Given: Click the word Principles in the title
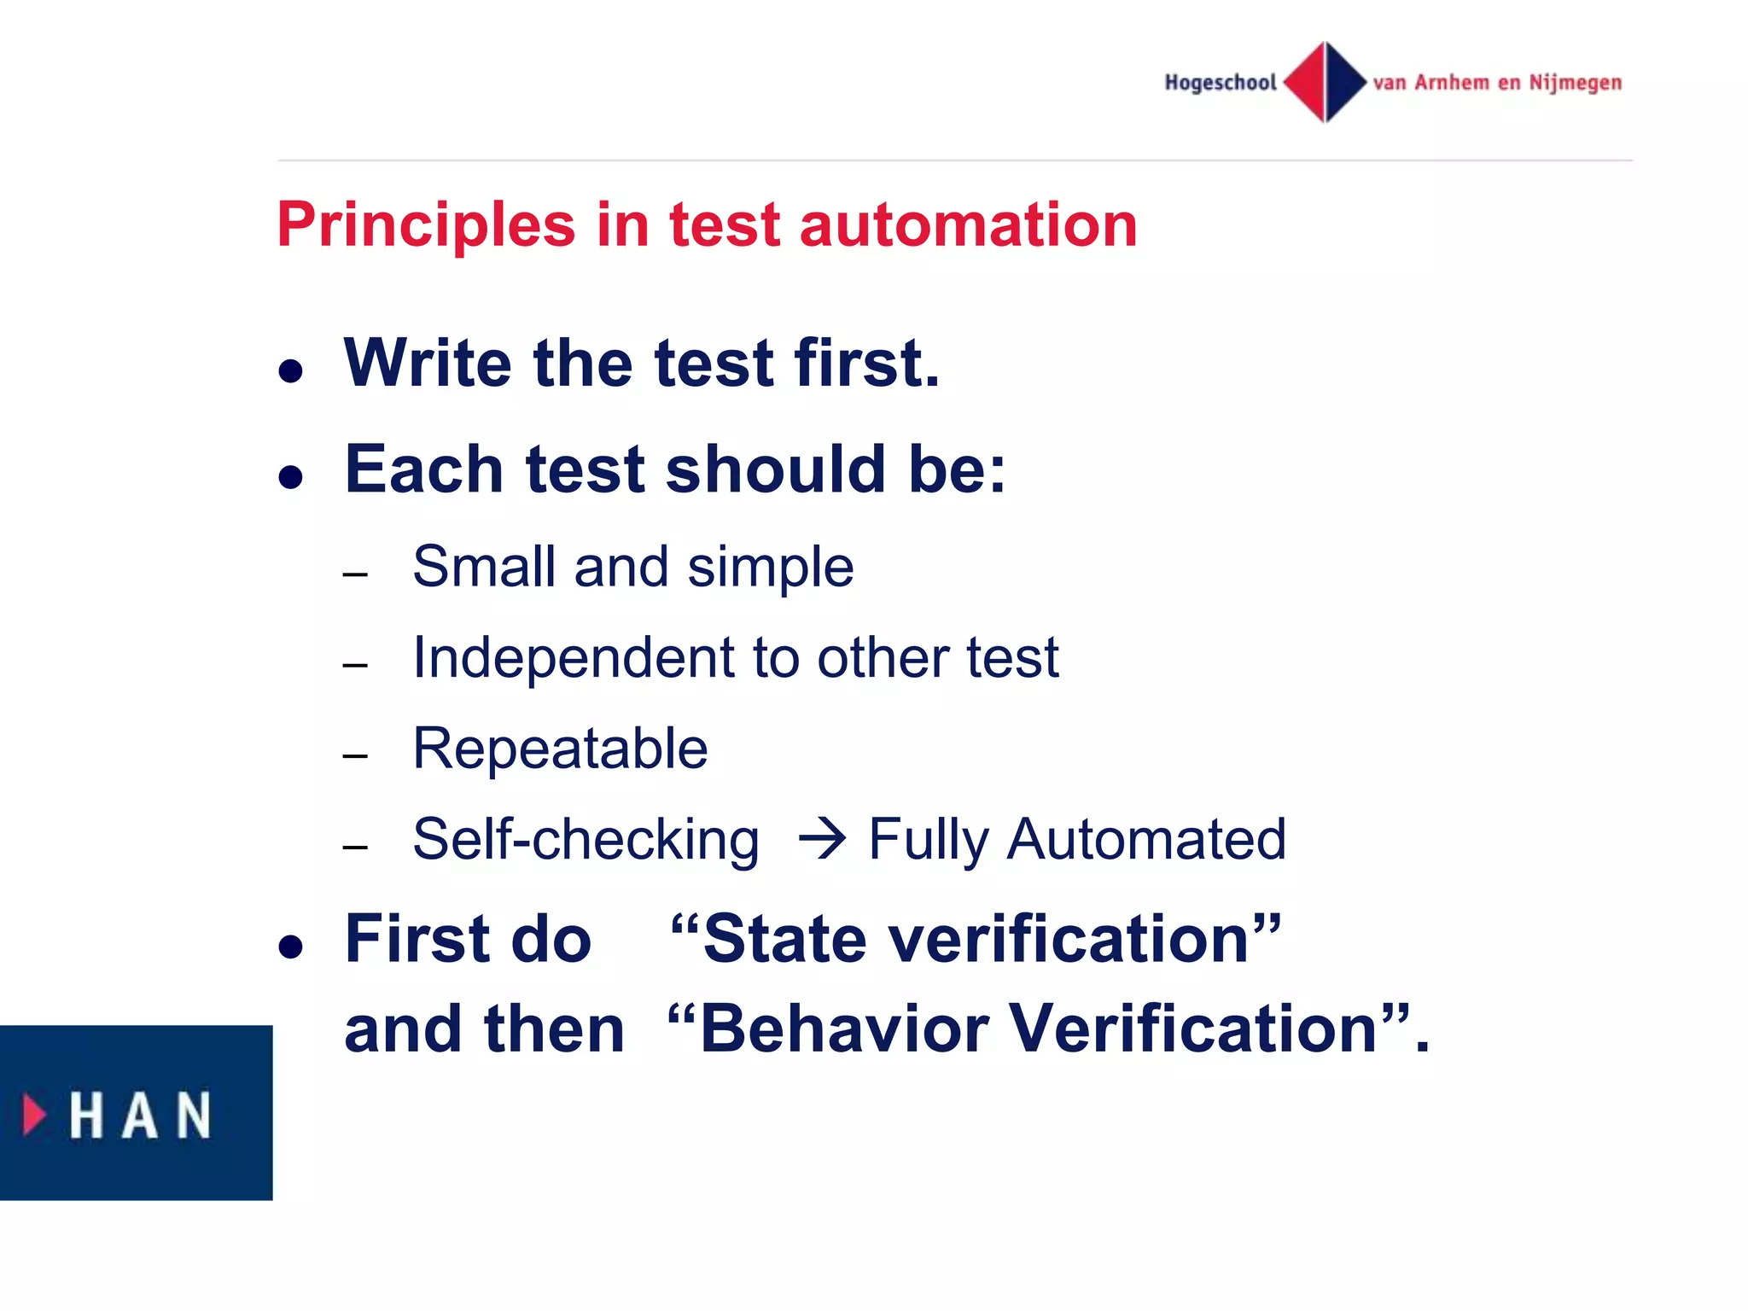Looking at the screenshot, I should click(x=426, y=225).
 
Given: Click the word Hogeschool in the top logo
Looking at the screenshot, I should click(x=1221, y=83).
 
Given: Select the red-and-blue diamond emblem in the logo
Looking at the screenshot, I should click(x=1325, y=82).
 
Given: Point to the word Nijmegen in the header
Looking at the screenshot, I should click(x=1575, y=83).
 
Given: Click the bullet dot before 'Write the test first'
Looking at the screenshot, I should click(x=291, y=371).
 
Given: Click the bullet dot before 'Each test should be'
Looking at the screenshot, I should click(x=291, y=476).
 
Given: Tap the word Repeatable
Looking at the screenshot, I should click(x=560, y=749).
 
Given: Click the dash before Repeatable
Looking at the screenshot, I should click(x=355, y=756).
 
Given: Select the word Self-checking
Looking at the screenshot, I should click(x=586, y=840).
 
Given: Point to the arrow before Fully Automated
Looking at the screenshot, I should click(x=822, y=839).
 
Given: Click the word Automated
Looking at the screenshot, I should click(x=1146, y=839).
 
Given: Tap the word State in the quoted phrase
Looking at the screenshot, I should click(x=784, y=939).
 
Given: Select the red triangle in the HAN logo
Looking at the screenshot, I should click(x=34, y=1114).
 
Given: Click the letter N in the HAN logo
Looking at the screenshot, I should click(x=193, y=1115).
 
